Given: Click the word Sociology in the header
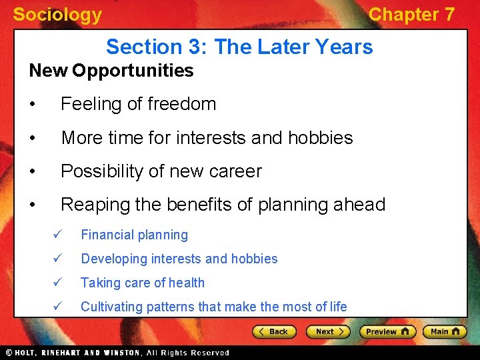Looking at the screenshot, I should [x=57, y=15].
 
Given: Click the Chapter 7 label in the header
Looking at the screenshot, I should [x=411, y=15].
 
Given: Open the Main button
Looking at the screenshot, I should [x=443, y=331].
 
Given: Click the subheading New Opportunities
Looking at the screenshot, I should [x=111, y=71].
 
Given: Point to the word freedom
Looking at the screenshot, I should [x=184, y=104].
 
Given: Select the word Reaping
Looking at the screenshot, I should [x=95, y=205].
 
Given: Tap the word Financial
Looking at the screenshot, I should [x=107, y=235].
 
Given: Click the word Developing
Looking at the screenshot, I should [x=113, y=259].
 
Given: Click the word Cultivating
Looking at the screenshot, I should [x=111, y=307].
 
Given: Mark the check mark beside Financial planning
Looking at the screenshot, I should [x=57, y=235].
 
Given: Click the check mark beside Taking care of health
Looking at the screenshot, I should [x=57, y=283].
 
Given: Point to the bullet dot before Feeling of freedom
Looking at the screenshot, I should [x=33, y=105].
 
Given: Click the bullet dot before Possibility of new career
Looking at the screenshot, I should [x=33, y=172].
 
